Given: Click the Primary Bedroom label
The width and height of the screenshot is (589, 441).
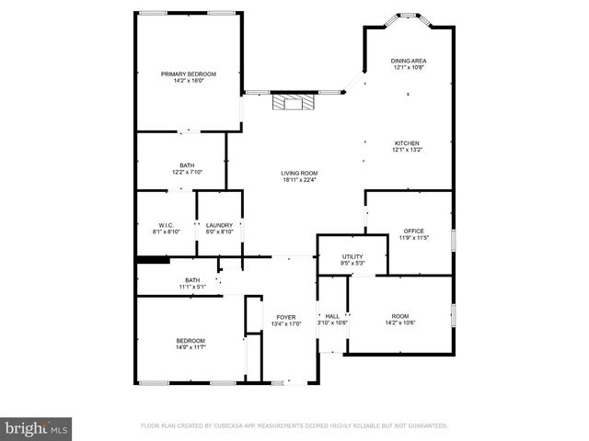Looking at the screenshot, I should point(189,73).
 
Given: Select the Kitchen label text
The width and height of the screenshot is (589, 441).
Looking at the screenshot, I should point(407,143).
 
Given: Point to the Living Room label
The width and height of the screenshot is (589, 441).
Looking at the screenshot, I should point(299,173).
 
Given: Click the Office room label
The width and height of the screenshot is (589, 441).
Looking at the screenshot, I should point(412,231).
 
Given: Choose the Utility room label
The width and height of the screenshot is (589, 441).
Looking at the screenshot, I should point(352,256).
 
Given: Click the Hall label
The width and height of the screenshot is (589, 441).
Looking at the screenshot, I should point(332,316).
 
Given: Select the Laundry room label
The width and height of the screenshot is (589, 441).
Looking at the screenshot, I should point(219,225).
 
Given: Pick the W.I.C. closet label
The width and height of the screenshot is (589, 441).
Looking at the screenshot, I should point(167,225).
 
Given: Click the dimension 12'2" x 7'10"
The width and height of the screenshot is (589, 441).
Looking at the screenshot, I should point(187,172).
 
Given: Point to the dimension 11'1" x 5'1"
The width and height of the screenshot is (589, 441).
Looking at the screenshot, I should point(192,287).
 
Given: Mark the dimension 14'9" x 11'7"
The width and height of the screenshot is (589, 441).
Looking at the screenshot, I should point(191,347).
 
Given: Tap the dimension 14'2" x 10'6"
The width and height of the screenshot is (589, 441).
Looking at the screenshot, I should point(400,322).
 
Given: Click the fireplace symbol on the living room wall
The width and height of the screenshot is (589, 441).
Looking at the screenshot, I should point(292,102).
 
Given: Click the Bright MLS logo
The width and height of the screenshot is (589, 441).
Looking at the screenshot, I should point(37,427).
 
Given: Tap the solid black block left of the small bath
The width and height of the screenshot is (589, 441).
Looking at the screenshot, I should point(153,260).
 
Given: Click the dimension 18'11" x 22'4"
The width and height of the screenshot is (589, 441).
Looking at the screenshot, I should point(299,180).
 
